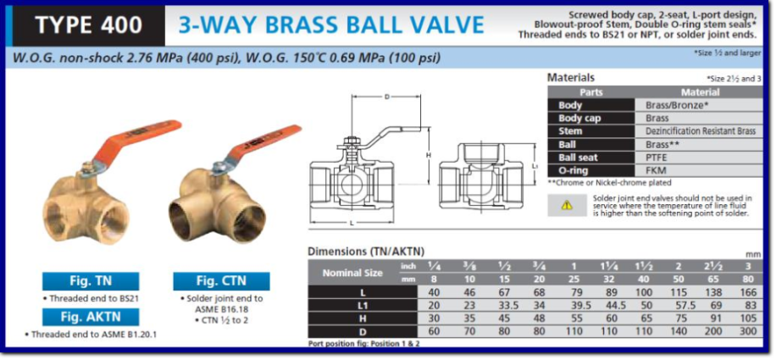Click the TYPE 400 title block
(x=89, y=25)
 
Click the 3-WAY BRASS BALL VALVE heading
(x=331, y=25)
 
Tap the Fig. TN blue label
(x=91, y=281)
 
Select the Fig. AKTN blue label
(x=91, y=317)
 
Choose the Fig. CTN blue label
(x=221, y=281)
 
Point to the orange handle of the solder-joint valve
(x=263, y=144)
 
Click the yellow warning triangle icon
(x=567, y=205)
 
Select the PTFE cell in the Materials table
(x=657, y=158)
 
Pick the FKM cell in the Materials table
(x=655, y=171)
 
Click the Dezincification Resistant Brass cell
(x=701, y=131)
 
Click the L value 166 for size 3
(x=749, y=292)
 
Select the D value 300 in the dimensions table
(x=749, y=331)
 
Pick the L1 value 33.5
(x=507, y=305)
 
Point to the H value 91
(x=713, y=318)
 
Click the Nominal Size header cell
(x=353, y=273)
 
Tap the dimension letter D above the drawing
(x=386, y=97)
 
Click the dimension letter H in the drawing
(x=429, y=155)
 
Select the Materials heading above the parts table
(x=571, y=78)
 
